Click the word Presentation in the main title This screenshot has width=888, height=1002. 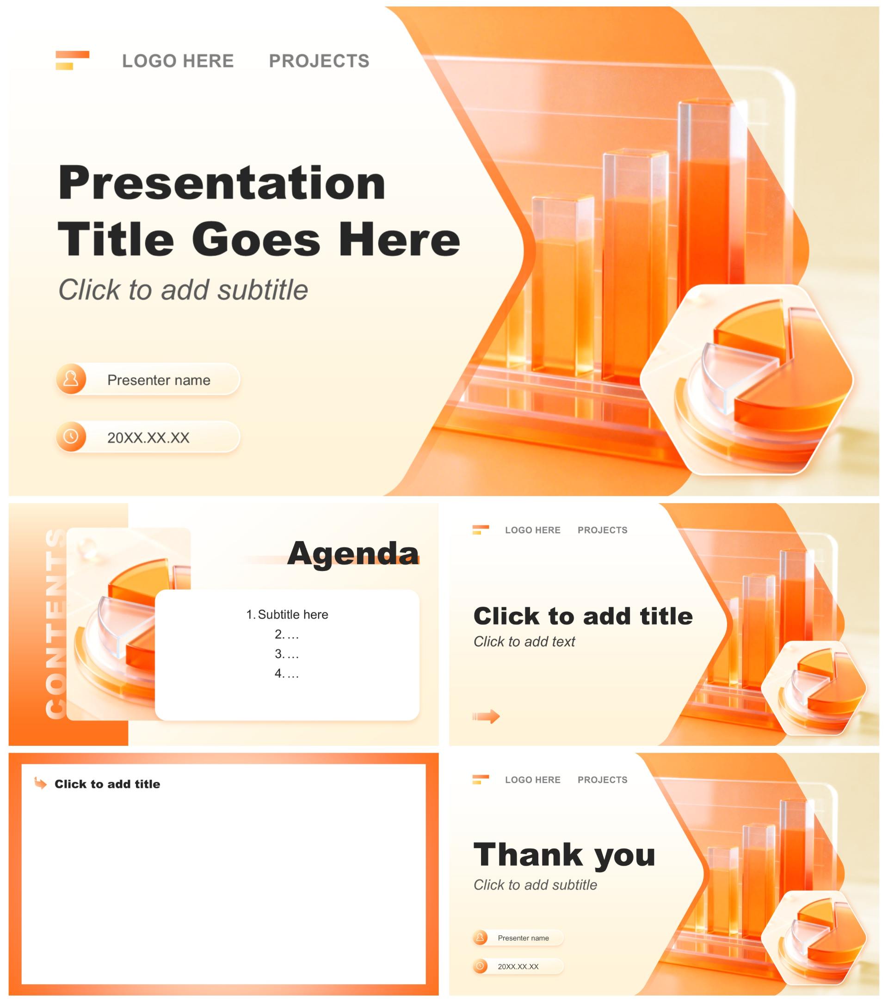click(x=222, y=183)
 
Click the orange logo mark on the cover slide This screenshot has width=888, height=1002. click(x=72, y=60)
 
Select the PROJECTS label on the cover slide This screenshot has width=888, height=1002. click(x=319, y=61)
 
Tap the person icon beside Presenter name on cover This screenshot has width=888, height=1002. click(x=71, y=379)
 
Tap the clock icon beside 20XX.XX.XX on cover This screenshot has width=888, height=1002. click(x=71, y=436)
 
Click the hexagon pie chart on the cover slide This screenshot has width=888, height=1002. click(x=747, y=380)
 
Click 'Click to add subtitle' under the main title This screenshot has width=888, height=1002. click(x=183, y=290)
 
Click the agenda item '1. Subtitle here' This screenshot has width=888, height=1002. click(x=287, y=614)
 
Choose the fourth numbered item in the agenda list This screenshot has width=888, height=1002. click(x=286, y=674)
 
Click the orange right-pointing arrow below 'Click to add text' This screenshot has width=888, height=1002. click(x=486, y=717)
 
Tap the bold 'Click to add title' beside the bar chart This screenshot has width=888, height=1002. click(x=583, y=616)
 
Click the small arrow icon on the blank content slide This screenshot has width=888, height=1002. click(x=41, y=783)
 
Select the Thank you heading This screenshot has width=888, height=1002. click(x=564, y=855)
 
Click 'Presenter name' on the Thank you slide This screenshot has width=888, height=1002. click(x=523, y=938)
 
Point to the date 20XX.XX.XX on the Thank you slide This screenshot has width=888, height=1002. click(x=518, y=966)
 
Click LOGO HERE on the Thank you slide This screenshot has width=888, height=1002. click(x=532, y=780)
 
